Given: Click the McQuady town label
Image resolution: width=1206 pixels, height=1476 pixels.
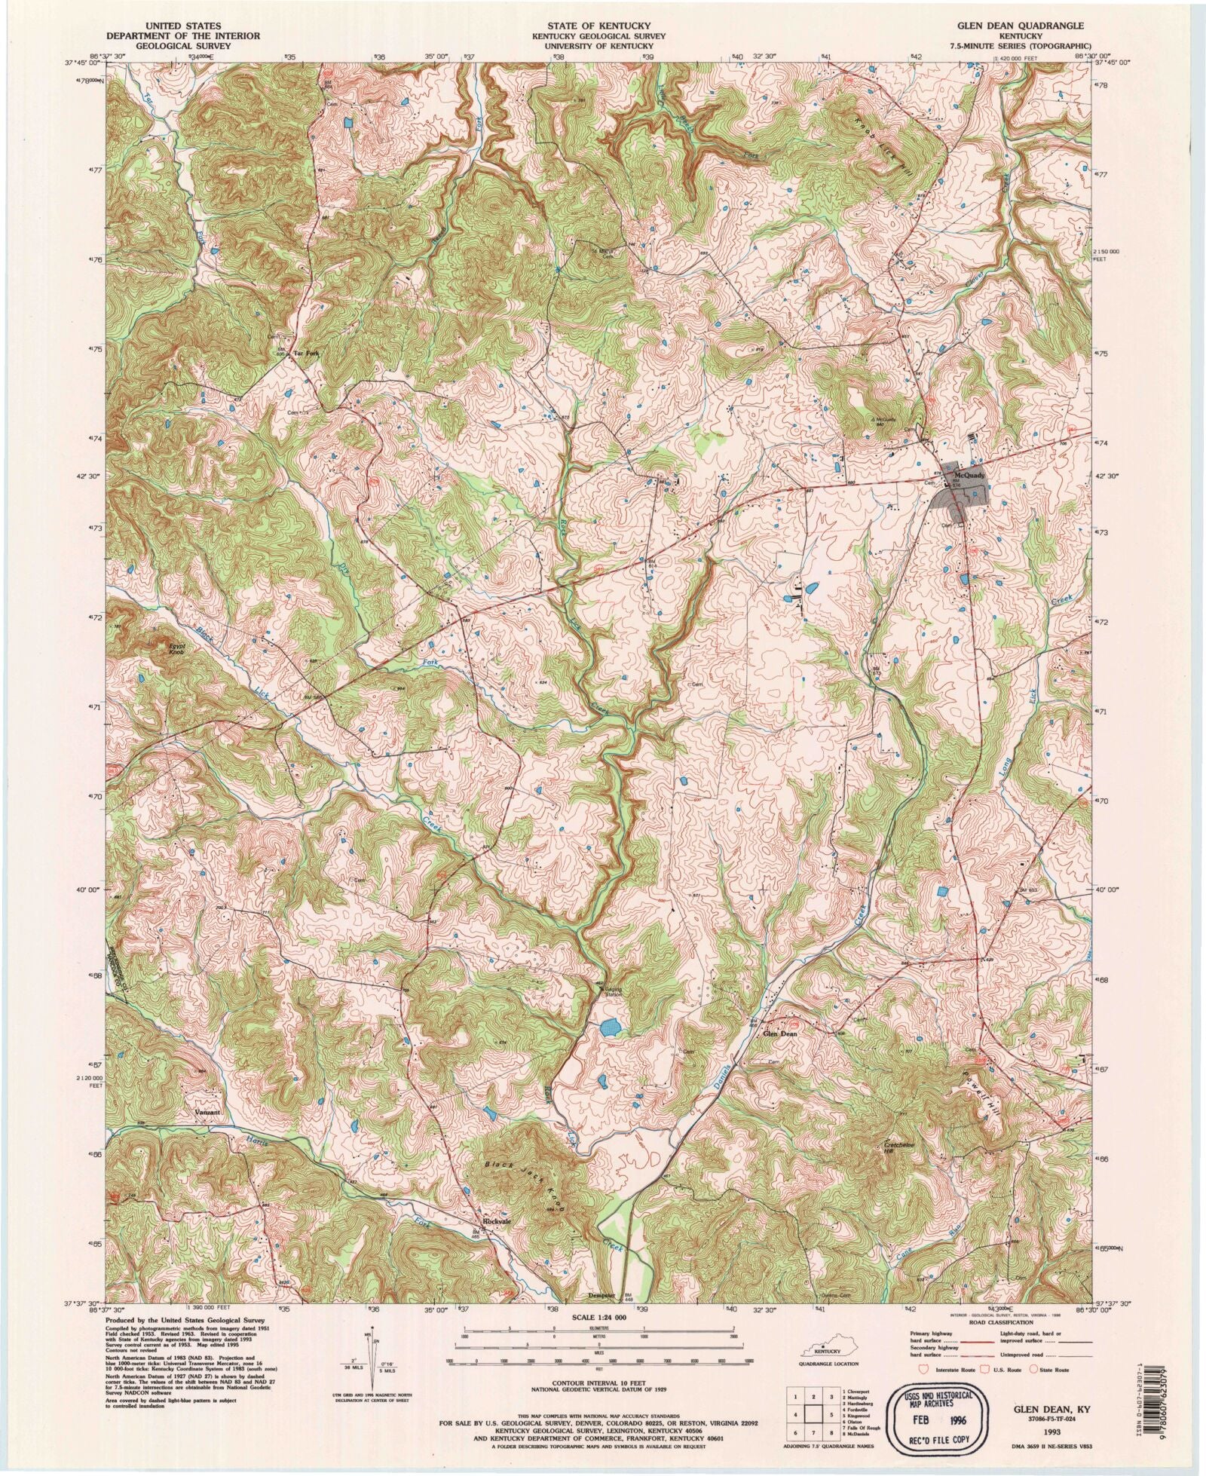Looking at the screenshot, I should pyautogui.click(x=969, y=476).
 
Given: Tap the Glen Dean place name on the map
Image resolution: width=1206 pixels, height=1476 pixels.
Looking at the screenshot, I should pyautogui.click(x=780, y=1034).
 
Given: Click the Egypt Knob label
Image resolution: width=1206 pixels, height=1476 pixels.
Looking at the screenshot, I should pyautogui.click(x=174, y=648).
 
